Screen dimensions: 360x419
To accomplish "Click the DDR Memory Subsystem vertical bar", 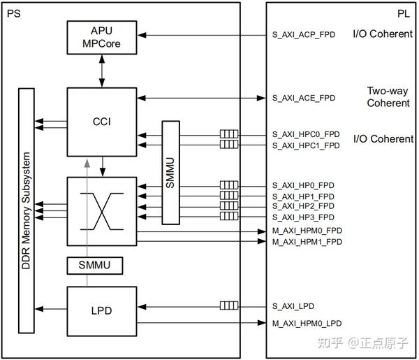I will click(27, 210).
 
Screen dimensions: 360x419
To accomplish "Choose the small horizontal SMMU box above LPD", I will click(94, 266).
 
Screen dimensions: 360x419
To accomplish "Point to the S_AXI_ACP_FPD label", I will click(304, 35).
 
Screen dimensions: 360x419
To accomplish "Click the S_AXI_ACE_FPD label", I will click(304, 98).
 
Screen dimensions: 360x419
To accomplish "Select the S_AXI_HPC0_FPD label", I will click(305, 134).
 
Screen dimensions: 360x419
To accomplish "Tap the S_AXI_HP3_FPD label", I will click(303, 217).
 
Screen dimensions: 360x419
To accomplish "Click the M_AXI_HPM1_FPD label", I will click(306, 242).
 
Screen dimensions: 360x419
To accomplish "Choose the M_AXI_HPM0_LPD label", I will click(307, 324).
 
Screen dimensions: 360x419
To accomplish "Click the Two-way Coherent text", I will click(388, 97).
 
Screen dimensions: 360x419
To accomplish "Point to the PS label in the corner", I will click(13, 13).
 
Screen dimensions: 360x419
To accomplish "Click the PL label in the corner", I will click(404, 13).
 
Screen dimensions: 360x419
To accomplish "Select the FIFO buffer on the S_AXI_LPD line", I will click(228, 306).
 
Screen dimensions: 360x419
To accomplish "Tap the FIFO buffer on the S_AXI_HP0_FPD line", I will click(228, 186).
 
